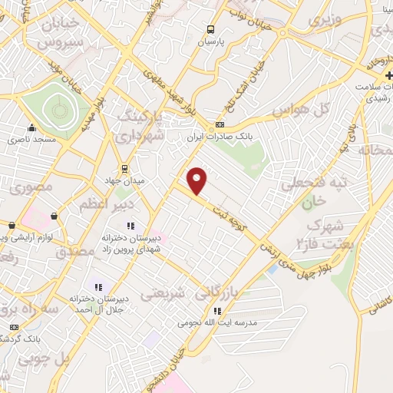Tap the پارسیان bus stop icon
[210, 30]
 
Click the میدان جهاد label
[124, 180]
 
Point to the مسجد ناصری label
[31, 140]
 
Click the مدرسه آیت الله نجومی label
[217, 324]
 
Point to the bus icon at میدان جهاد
[124, 168]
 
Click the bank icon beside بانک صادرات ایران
[220, 126]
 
